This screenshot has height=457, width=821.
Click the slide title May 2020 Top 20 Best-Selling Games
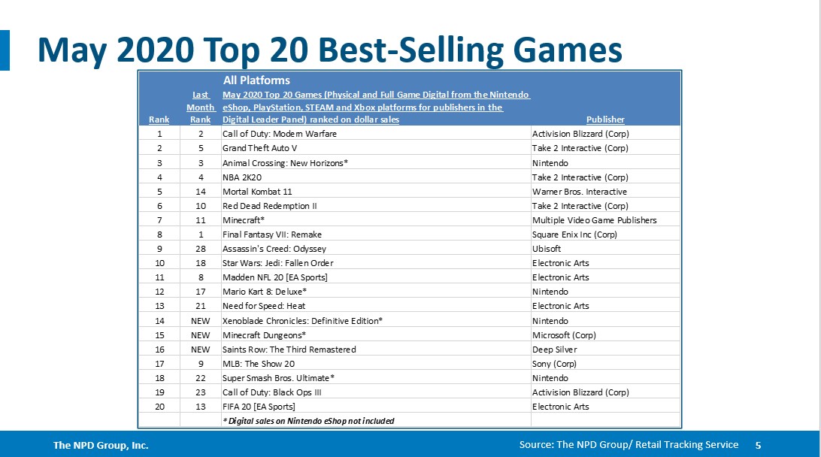coord(330,50)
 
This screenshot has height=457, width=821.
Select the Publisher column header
coord(605,120)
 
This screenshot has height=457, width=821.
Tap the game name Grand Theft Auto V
coord(259,148)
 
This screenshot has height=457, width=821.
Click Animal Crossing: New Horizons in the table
coord(285,162)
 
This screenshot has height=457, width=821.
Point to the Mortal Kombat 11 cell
coord(258,192)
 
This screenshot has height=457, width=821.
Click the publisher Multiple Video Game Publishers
coord(594,220)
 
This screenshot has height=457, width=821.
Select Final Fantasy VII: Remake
coord(272,235)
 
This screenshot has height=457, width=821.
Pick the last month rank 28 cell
coord(201,249)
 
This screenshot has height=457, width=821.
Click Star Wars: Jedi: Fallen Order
coord(277,263)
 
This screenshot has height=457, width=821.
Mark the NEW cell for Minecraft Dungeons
coord(201,334)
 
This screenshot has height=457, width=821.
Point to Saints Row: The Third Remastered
coord(289,350)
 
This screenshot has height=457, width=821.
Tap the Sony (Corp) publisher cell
coord(554,364)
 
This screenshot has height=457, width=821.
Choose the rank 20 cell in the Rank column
coord(159,407)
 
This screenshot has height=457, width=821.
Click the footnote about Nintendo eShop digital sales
coord(308,421)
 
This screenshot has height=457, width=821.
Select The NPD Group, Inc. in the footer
coord(101,446)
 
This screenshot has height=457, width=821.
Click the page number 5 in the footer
coord(758,445)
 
